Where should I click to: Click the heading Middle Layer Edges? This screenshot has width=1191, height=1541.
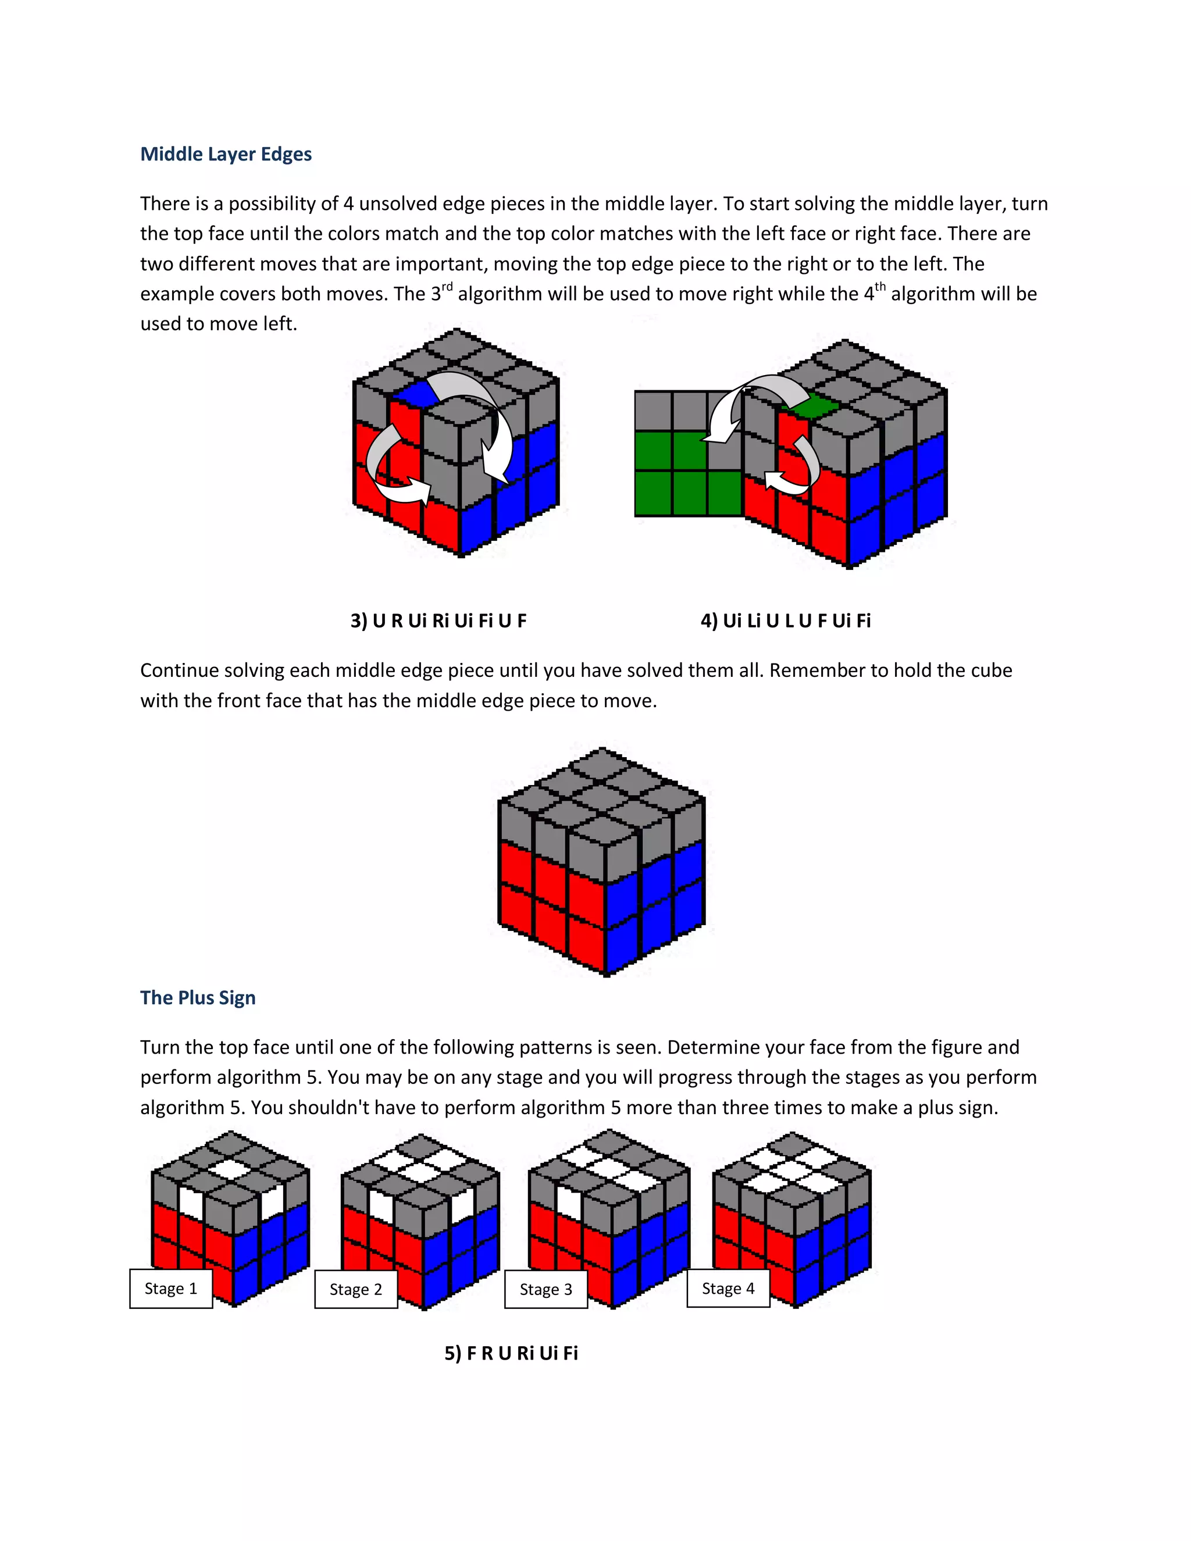(226, 154)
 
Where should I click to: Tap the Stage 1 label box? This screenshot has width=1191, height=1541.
(171, 1289)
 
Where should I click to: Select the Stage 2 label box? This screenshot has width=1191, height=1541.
(355, 1289)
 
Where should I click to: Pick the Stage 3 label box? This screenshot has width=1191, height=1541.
(545, 1289)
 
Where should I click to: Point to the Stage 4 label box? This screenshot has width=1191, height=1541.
(728, 1289)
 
